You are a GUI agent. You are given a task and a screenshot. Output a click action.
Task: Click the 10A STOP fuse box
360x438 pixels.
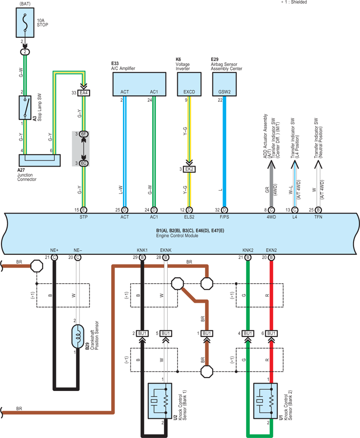click(25, 23)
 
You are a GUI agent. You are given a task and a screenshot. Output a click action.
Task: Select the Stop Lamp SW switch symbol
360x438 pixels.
click(25, 108)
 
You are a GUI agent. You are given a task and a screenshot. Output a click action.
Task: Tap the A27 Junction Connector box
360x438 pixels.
click(40, 160)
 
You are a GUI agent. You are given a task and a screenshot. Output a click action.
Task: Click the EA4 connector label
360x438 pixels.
click(84, 93)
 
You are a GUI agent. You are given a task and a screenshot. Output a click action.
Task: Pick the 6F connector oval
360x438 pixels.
click(84, 134)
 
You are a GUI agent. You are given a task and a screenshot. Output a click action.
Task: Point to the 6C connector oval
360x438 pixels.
click(84, 163)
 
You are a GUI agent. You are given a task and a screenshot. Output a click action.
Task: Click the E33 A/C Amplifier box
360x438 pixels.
click(139, 85)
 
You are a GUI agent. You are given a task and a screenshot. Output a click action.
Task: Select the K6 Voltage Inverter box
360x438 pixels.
click(189, 85)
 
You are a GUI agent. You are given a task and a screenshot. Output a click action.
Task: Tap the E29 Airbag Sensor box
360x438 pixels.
click(224, 85)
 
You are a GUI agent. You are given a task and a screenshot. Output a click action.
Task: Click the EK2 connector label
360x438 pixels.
click(189, 169)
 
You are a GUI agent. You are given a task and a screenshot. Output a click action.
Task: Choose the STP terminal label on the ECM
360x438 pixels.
click(84, 217)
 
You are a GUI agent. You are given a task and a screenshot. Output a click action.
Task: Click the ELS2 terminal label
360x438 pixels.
click(189, 217)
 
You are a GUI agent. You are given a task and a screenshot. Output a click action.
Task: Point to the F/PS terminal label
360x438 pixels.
click(224, 217)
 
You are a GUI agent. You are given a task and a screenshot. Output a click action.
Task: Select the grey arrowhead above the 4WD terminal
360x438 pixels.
click(271, 165)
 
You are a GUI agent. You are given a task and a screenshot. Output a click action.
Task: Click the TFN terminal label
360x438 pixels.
click(318, 217)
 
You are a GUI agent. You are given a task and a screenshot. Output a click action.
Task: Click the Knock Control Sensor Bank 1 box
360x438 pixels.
click(159, 401)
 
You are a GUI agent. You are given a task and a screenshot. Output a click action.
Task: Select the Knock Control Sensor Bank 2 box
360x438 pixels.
click(266, 401)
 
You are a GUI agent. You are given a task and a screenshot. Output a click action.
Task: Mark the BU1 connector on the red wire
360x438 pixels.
click(271, 334)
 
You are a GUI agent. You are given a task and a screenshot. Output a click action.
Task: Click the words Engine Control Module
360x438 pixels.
click(177, 236)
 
